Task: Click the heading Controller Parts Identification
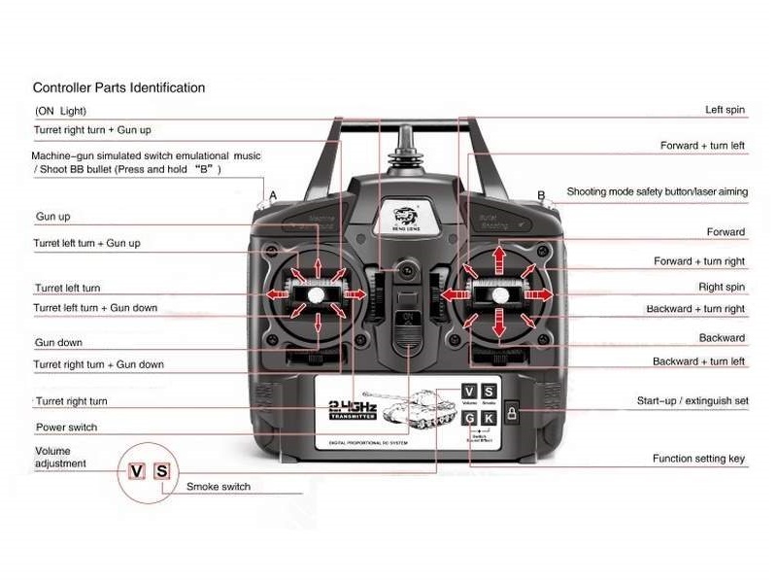(x=118, y=87)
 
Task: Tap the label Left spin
(x=725, y=110)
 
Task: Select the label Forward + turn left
(x=702, y=146)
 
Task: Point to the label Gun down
(x=58, y=343)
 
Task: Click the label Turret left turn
(x=67, y=289)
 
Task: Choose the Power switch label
(x=66, y=428)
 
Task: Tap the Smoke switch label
(x=218, y=487)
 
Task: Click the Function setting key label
(x=698, y=459)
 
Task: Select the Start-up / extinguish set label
(x=692, y=400)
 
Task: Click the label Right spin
(x=722, y=288)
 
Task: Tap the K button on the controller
(x=489, y=418)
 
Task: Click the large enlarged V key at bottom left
(x=137, y=472)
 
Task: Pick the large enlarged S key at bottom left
(x=162, y=472)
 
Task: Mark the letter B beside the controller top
(x=541, y=195)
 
